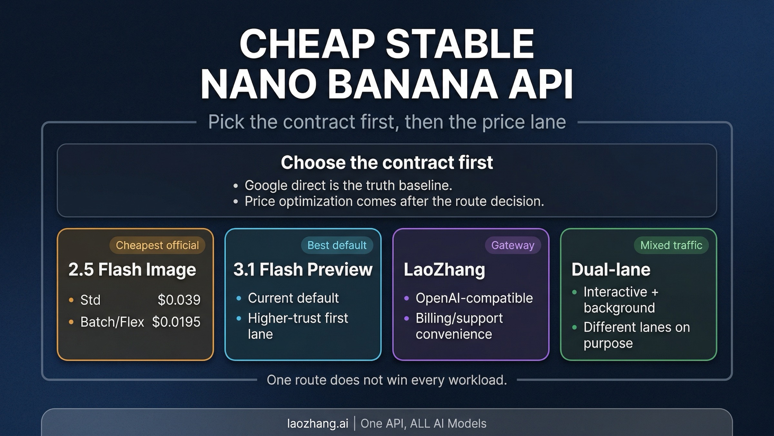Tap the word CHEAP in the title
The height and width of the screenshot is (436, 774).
tap(307, 44)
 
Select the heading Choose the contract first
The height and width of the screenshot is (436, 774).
tap(387, 162)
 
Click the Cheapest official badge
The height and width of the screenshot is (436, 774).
tap(157, 245)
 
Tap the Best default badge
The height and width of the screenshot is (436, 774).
tap(337, 245)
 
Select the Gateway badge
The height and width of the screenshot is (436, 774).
tap(512, 245)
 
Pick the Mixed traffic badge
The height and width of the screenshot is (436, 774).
tap(671, 245)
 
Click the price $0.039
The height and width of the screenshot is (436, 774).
tap(179, 300)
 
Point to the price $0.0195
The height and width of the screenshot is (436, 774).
tap(176, 322)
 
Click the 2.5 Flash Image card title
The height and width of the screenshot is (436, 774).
tap(132, 269)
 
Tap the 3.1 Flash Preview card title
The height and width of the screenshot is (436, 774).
tap(303, 269)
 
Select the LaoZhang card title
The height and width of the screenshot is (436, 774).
tap(444, 269)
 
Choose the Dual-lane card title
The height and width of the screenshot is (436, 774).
tap(611, 269)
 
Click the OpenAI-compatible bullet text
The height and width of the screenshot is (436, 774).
tap(474, 298)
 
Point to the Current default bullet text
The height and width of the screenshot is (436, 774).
tap(293, 298)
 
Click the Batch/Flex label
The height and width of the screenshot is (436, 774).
tap(112, 322)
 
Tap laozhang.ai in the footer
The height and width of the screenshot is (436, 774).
tap(318, 423)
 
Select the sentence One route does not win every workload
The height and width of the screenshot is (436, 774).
tap(387, 380)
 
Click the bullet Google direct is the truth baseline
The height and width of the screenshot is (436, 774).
tap(348, 185)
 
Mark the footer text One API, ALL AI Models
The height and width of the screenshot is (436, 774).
tap(423, 423)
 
